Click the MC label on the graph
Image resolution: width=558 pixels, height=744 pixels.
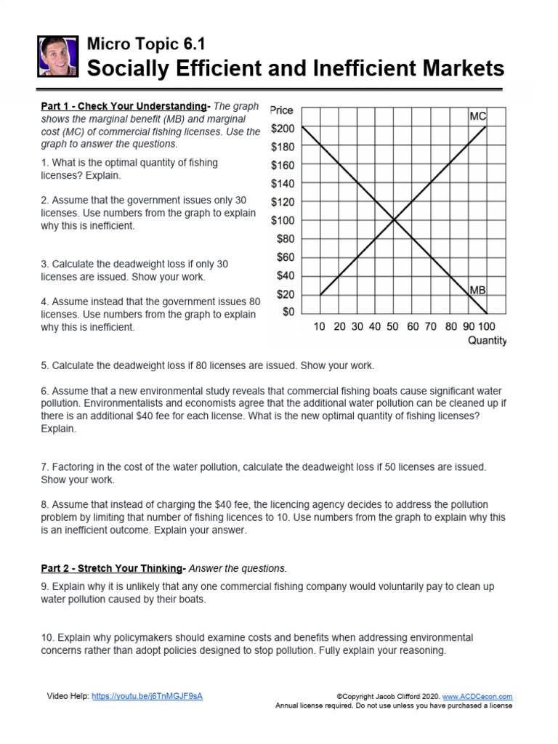coord(477,116)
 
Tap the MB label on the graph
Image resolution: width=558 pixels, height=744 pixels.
coord(477,290)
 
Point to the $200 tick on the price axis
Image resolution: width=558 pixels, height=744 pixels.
coord(283,129)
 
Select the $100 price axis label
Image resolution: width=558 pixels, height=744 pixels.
coord(283,220)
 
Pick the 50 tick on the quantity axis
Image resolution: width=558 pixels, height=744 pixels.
coord(393,327)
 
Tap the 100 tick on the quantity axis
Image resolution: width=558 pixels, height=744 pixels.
coord(487,327)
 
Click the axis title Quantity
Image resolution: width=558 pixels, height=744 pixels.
coord(487,341)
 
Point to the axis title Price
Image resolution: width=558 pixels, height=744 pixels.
coord(282,110)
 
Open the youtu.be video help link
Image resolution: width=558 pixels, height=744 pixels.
coord(147,696)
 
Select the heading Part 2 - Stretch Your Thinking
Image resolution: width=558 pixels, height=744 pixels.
coord(111,568)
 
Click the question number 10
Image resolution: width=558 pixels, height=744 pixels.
coord(47,637)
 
